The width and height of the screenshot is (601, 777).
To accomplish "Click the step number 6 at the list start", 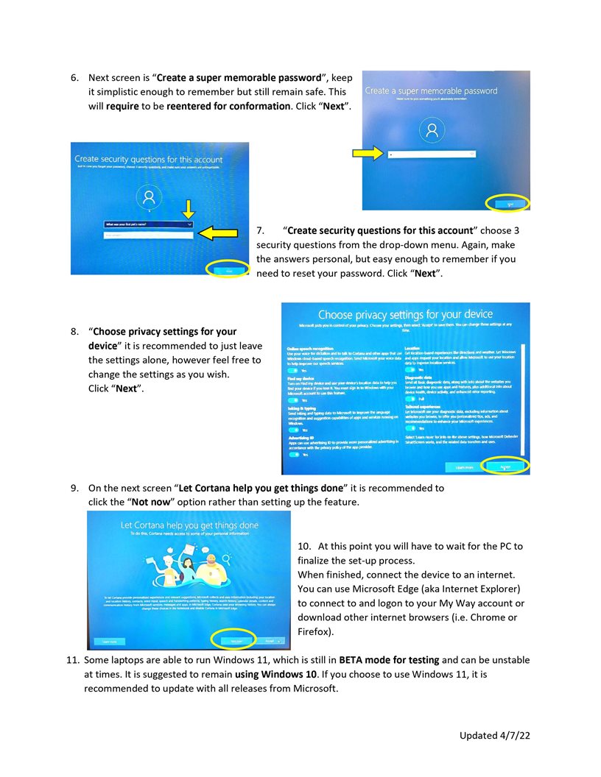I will (74, 77).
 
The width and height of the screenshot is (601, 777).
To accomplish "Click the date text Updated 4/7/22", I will (495, 735).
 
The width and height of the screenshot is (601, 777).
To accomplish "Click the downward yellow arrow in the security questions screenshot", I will (188, 208).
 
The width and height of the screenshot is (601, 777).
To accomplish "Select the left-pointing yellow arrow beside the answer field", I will (218, 233).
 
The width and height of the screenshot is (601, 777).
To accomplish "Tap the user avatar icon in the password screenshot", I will (431, 131).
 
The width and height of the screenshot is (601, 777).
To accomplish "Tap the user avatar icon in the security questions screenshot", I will (150, 197).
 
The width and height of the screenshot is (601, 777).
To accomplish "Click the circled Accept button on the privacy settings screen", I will (505, 466).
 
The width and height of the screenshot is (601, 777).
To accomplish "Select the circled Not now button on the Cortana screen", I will (233, 640).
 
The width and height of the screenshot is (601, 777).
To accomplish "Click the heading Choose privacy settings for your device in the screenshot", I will (405, 315).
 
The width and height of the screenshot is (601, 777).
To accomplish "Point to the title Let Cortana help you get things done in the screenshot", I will (189, 525).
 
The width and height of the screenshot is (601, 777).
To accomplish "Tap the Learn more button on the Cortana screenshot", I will (111, 641).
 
